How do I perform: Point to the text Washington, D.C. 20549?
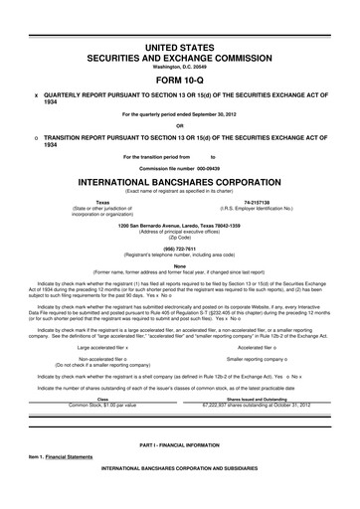pyautogui.click(x=180, y=67)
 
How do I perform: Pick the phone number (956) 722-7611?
pyautogui.click(x=180, y=250)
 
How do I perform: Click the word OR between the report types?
pyautogui.click(x=180, y=124)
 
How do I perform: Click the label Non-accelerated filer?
pyautogui.click(x=100, y=359)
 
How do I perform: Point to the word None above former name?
pyautogui.click(x=180, y=264)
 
